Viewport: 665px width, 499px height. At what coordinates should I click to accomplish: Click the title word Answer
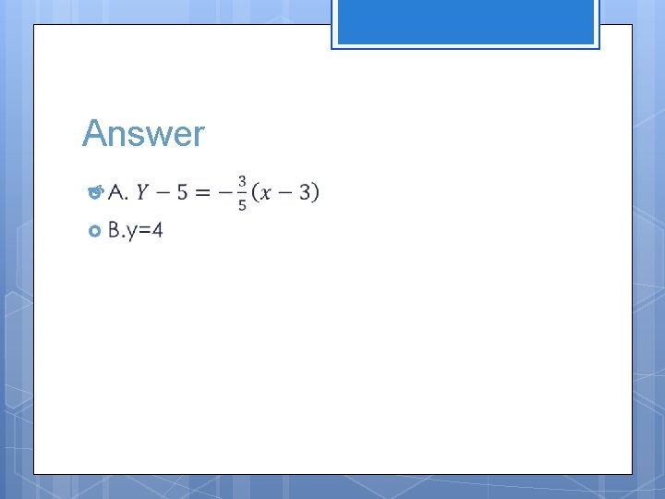click(143, 134)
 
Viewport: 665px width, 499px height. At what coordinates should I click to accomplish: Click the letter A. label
click(117, 192)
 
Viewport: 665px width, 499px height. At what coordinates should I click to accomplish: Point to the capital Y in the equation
click(142, 192)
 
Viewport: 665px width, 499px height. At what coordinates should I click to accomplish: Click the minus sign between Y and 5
click(162, 192)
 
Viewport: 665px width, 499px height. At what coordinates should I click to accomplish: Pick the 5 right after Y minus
click(182, 192)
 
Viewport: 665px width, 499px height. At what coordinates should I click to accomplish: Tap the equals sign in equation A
click(202, 192)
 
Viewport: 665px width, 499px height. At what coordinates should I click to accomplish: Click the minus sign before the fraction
click(224, 192)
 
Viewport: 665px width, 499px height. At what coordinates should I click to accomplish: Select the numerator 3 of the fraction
click(242, 181)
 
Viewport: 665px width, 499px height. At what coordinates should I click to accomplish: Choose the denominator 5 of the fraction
click(242, 204)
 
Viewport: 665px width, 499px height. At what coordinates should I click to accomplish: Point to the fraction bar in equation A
click(242, 192)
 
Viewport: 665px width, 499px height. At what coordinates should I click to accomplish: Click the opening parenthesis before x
click(255, 192)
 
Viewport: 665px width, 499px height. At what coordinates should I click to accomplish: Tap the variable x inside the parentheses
click(268, 192)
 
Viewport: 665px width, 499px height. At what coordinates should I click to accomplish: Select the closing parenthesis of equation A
click(316, 192)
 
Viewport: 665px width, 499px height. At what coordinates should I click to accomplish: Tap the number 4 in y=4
click(157, 230)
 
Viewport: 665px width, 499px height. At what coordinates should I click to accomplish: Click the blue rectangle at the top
click(465, 22)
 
